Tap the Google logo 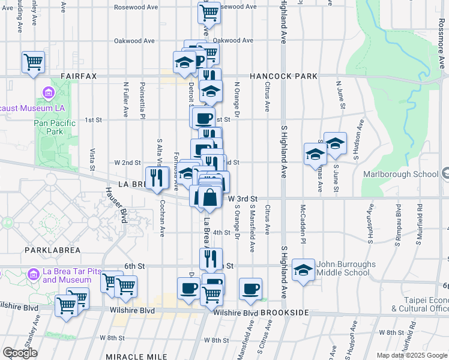pyautogui.click(x=19, y=353)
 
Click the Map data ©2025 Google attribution pyautogui.click(x=411, y=355)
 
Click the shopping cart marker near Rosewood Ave pyautogui.click(x=209, y=11)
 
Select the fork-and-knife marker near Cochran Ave pyautogui.click(x=157, y=177)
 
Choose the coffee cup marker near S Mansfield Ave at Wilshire pyautogui.click(x=250, y=289)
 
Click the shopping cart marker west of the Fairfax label pyautogui.click(x=34, y=61)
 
